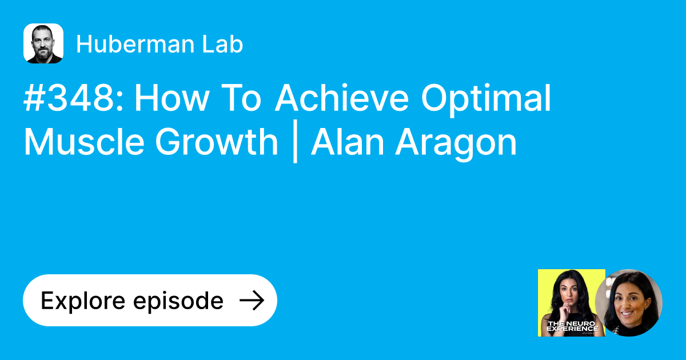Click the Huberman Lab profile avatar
(x=43, y=43)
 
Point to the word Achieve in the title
(x=341, y=99)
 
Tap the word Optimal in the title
(x=486, y=99)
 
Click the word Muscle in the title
(x=83, y=142)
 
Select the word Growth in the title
(x=216, y=142)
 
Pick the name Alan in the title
(x=346, y=142)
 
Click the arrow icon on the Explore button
(x=251, y=301)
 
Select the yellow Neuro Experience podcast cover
(x=571, y=303)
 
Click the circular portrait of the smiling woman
(x=629, y=303)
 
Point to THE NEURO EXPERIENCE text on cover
(x=572, y=327)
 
